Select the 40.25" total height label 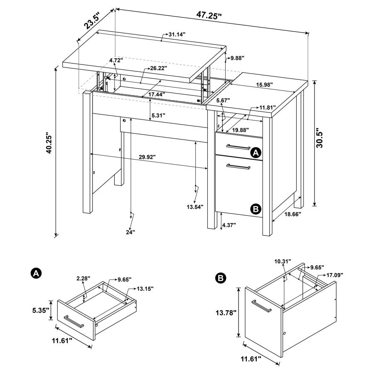click(49, 143)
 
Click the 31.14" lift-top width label click(177, 34)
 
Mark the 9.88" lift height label click(237, 58)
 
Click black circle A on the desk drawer click(256, 153)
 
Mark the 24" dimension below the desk click(130, 232)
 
